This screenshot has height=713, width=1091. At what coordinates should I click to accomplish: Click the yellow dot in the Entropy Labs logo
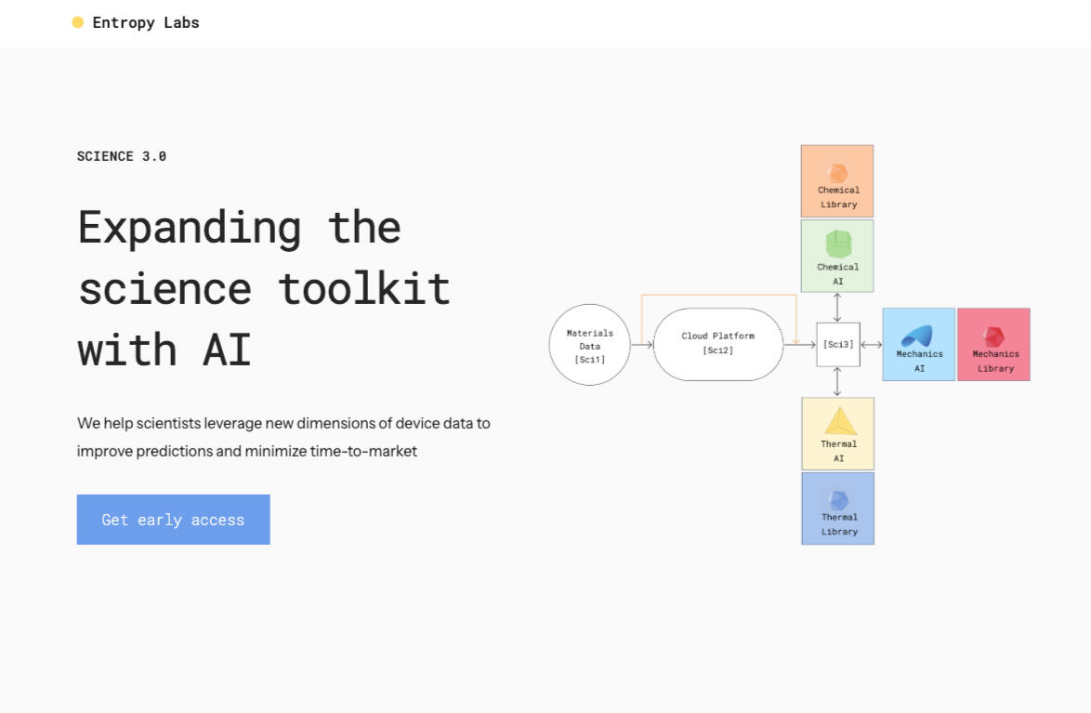(x=78, y=22)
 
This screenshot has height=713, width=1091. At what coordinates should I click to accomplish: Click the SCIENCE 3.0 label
(x=122, y=157)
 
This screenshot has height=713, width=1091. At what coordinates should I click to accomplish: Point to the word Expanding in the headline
(x=190, y=229)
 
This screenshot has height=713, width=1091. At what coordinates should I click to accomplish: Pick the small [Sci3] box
(x=837, y=345)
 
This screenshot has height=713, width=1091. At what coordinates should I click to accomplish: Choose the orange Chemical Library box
(x=837, y=181)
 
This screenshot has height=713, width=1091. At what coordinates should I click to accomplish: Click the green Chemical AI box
(x=837, y=256)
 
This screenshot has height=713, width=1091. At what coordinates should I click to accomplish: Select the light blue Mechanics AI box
(x=918, y=345)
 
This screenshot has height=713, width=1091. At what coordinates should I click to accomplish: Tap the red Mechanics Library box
(x=993, y=345)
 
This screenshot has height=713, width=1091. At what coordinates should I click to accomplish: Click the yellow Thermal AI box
(x=837, y=434)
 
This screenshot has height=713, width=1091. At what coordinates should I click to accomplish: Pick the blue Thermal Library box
(x=837, y=508)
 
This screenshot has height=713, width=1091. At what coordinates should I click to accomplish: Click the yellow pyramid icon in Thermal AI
(x=840, y=421)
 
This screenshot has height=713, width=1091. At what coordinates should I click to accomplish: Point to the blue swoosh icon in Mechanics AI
(x=917, y=337)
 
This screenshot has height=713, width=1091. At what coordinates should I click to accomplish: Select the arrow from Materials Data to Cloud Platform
(x=642, y=345)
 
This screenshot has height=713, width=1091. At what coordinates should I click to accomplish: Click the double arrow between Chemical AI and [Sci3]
(x=837, y=307)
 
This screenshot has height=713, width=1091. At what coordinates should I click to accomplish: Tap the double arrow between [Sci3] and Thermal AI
(x=837, y=381)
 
